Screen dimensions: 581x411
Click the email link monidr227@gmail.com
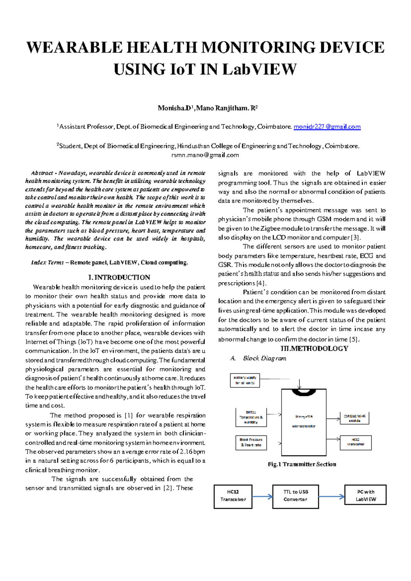click(327, 127)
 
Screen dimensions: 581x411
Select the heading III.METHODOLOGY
click(314, 348)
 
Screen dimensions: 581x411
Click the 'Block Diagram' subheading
click(264, 358)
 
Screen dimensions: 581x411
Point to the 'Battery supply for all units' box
click(245, 380)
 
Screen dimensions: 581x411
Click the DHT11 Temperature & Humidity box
click(251, 417)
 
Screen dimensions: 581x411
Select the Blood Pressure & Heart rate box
click(251, 442)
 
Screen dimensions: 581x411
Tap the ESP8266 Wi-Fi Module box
click(354, 418)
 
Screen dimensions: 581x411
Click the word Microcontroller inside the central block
click(304, 427)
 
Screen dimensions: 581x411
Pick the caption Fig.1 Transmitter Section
click(302, 464)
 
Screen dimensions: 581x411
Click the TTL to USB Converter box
click(296, 496)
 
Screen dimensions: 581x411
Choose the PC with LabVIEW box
click(365, 495)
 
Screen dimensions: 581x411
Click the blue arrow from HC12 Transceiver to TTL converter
click(262, 497)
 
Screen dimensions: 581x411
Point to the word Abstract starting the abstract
click(42, 173)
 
